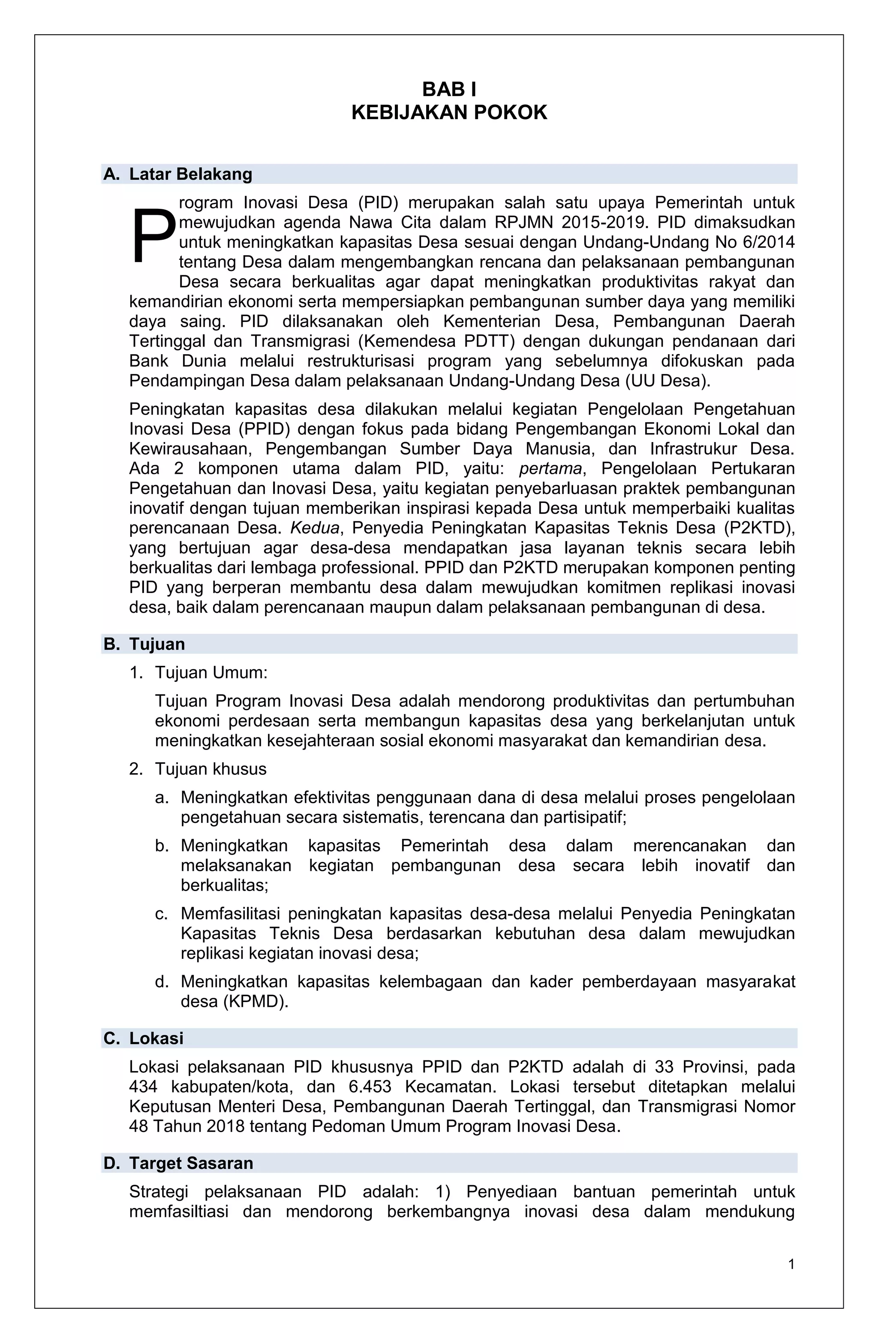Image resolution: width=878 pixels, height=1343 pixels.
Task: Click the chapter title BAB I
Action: coord(449,90)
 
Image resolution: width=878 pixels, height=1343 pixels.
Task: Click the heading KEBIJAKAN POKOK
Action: coord(449,113)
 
